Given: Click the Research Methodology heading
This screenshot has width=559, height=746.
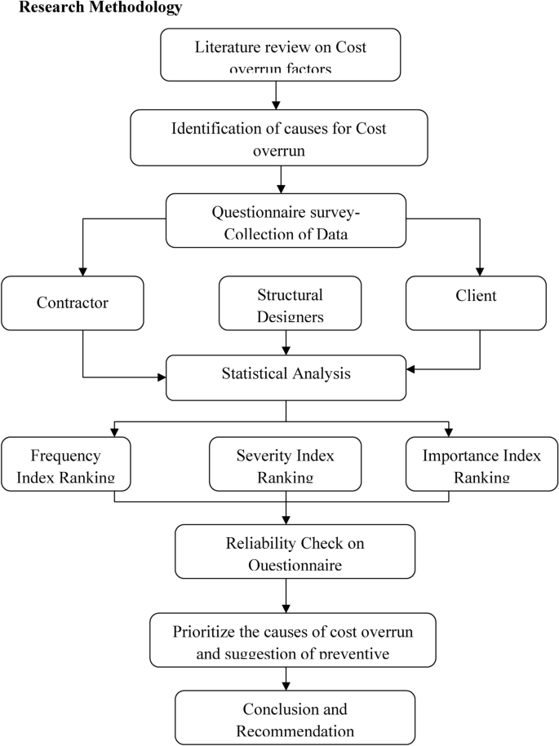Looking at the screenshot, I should tap(91, 8).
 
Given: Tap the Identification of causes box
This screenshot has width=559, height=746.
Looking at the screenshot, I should tap(280, 136).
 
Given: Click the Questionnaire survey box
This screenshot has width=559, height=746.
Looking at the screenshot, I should tap(285, 219).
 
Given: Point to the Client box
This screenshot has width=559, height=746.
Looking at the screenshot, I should tap(475, 302).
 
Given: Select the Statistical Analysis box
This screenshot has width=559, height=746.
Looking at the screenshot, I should tap(285, 376).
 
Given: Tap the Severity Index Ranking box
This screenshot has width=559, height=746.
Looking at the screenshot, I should tap(285, 464).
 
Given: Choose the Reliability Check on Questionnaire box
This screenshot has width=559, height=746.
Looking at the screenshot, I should tap(285, 550).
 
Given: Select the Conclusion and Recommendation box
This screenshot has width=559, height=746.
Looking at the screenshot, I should tap(285, 717).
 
